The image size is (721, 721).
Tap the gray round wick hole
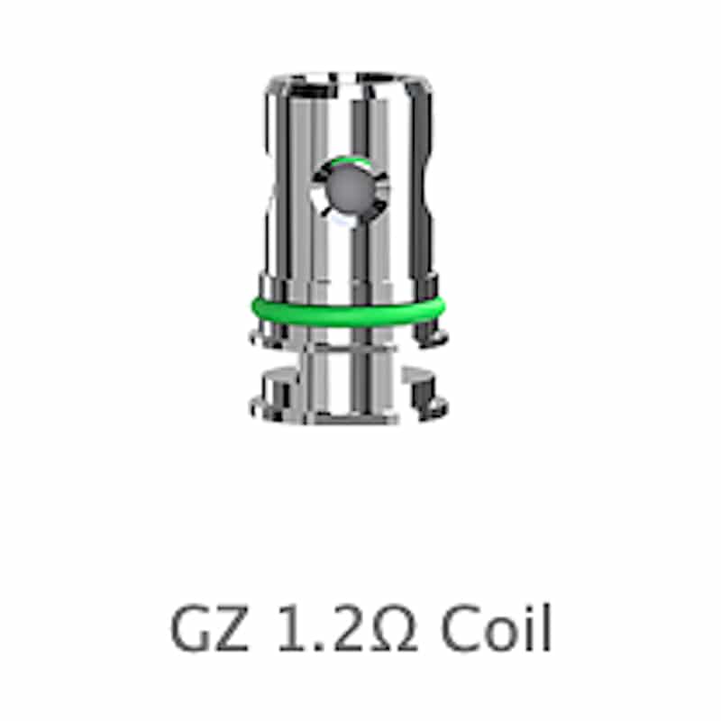coord(351,190)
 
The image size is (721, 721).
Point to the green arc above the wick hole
coord(350,160)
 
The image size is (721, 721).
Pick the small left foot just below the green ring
coord(266,337)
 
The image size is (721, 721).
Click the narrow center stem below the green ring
coord(350,382)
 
